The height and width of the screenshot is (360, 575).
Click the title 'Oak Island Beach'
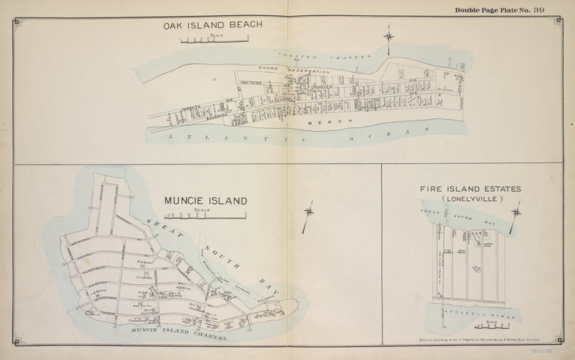tap(213, 25)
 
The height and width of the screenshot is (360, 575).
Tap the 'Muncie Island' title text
tap(205, 201)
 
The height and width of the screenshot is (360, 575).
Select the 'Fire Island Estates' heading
tap(470, 189)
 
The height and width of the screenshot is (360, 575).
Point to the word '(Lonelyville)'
tap(470, 199)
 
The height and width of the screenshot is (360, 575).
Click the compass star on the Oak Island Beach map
tap(389, 36)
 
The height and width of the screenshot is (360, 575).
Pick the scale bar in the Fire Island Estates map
tap(490, 327)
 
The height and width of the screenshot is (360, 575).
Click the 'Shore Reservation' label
tap(298, 70)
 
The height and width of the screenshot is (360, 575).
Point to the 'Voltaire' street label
tap(251, 82)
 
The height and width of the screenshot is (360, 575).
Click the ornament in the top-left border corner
tap(18, 22)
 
